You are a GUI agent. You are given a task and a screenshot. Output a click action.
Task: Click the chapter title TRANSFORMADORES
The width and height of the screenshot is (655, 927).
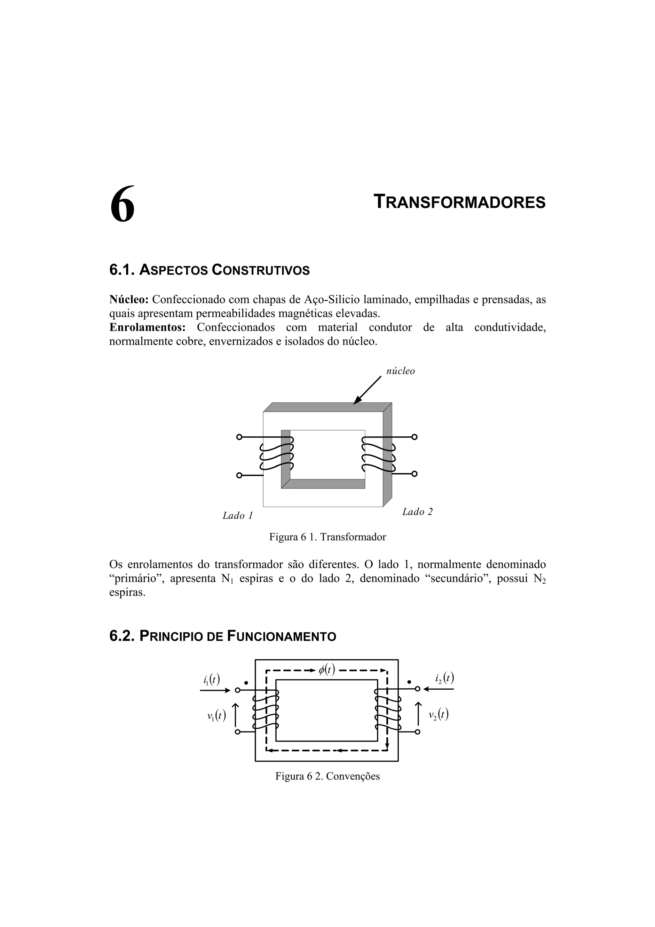pyautogui.click(x=460, y=202)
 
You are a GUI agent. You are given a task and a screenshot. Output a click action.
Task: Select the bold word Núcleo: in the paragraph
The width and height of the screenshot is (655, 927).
pyautogui.click(x=129, y=300)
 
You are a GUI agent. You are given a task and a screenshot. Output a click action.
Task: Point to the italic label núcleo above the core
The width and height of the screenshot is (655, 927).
pyautogui.click(x=400, y=371)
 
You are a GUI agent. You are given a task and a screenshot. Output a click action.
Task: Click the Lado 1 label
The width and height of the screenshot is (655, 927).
pyautogui.click(x=238, y=516)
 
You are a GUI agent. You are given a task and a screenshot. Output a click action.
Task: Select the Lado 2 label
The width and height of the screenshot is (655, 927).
pyautogui.click(x=417, y=512)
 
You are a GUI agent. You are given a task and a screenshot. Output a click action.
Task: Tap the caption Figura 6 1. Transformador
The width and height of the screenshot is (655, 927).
pyautogui.click(x=327, y=537)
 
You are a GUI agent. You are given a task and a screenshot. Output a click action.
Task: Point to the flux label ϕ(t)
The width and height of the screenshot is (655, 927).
pyautogui.click(x=327, y=669)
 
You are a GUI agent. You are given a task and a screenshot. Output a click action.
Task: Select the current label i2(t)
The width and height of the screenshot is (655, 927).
pyautogui.click(x=444, y=678)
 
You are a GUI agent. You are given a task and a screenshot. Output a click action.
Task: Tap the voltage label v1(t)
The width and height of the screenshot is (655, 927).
pyautogui.click(x=216, y=716)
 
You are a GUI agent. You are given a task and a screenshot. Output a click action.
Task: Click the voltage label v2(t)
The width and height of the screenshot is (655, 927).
pyautogui.click(x=439, y=715)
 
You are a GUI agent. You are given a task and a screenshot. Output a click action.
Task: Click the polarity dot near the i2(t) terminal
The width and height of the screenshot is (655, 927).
pyautogui.click(x=409, y=682)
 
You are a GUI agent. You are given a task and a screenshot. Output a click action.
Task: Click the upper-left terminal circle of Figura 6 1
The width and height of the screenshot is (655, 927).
pyautogui.click(x=239, y=437)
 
